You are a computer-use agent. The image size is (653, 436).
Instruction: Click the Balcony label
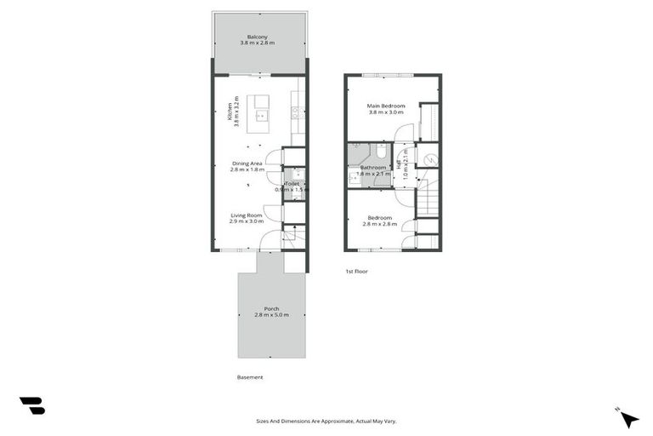(x=258, y=37)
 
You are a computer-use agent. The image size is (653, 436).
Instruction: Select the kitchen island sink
(x=264, y=115)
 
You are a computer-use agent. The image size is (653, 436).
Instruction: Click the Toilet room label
(x=292, y=183)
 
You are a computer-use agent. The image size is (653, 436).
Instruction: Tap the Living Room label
(x=246, y=215)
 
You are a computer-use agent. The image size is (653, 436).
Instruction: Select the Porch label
(x=271, y=308)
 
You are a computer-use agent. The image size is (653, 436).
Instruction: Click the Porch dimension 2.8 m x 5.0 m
(x=271, y=315)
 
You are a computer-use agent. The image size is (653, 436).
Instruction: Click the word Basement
(x=250, y=377)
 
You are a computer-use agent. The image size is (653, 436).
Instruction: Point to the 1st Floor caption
(x=356, y=271)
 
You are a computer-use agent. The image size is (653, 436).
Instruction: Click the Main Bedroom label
(x=386, y=106)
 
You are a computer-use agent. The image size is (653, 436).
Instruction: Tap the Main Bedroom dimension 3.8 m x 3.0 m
(x=386, y=112)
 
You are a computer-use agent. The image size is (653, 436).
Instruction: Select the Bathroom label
(x=372, y=168)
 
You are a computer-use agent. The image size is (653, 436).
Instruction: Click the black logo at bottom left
(x=31, y=406)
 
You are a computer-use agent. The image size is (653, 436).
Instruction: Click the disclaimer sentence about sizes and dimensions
(x=326, y=421)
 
